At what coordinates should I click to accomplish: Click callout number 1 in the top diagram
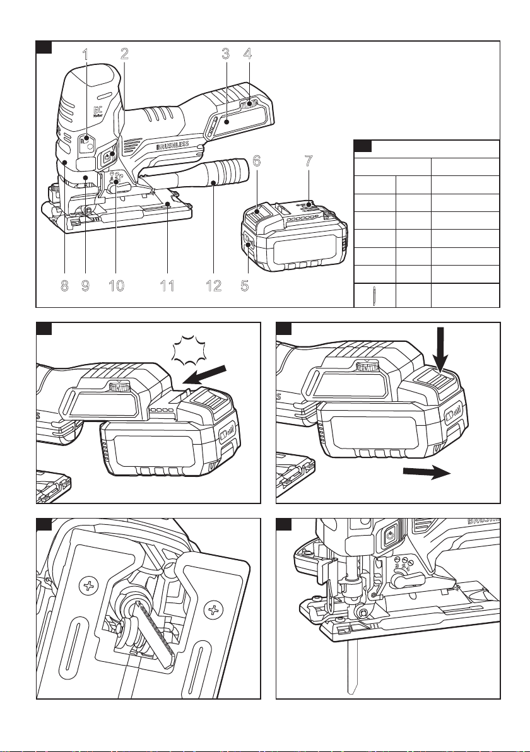coord(85,54)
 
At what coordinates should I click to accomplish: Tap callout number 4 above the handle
coord(248,54)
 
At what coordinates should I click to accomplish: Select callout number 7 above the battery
coord(307,161)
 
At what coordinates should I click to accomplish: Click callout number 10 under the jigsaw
coord(116,286)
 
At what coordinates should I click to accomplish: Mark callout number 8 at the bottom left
coord(64,286)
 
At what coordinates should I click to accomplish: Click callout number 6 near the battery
coord(256,161)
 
